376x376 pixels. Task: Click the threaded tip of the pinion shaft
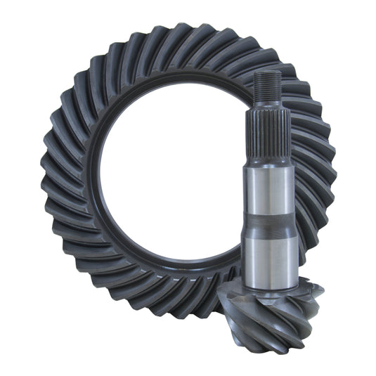pos(267,88)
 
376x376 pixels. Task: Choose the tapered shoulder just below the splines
pos(267,159)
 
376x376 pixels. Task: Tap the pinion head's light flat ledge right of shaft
pos(309,288)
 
